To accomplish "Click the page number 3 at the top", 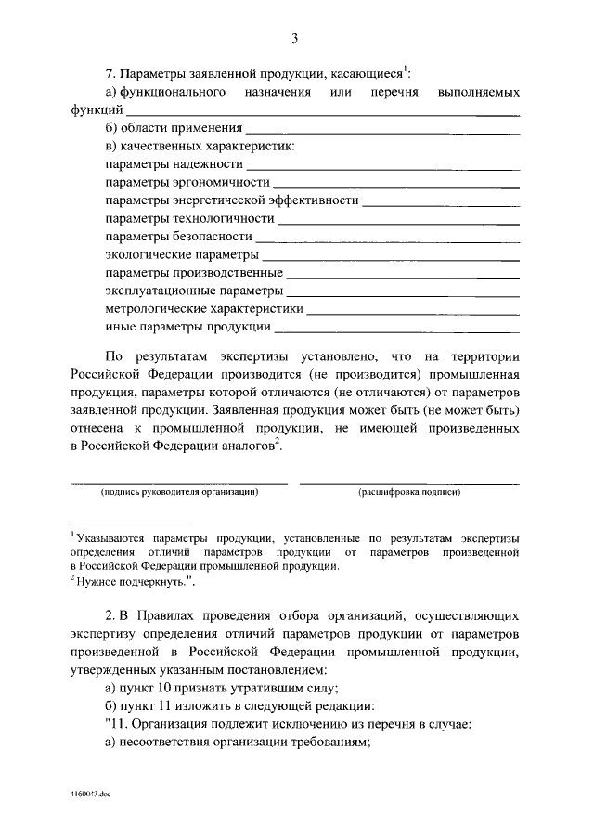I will pos(294,38).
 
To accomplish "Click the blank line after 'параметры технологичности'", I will pos(398,224).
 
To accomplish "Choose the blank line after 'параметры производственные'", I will pos(403,278).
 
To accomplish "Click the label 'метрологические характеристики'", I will pos(204,308).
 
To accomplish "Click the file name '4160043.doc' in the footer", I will pos(88,796).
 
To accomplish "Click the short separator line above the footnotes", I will pos(130,523).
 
